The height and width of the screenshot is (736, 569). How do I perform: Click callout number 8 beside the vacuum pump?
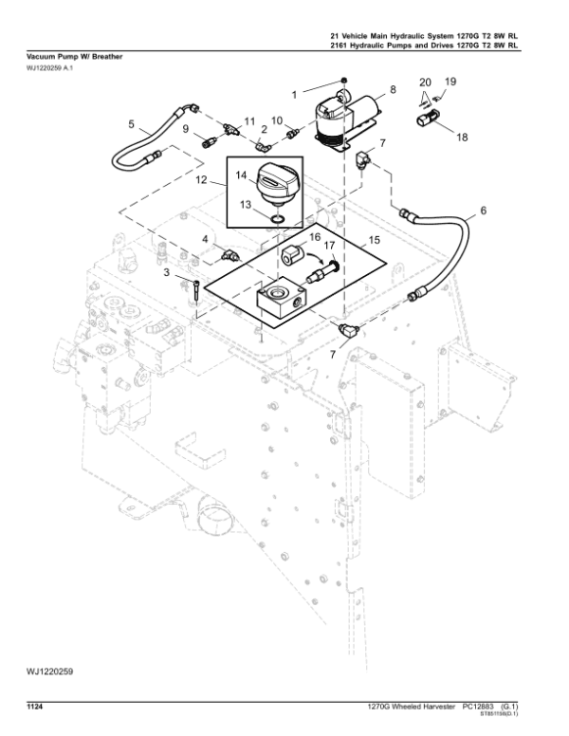pyautogui.click(x=392, y=91)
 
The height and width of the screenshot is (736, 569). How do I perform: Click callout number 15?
pyautogui.click(x=375, y=240)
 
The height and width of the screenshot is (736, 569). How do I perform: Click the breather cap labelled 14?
pyautogui.click(x=276, y=185)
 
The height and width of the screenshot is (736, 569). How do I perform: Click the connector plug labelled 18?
pyautogui.click(x=429, y=120)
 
